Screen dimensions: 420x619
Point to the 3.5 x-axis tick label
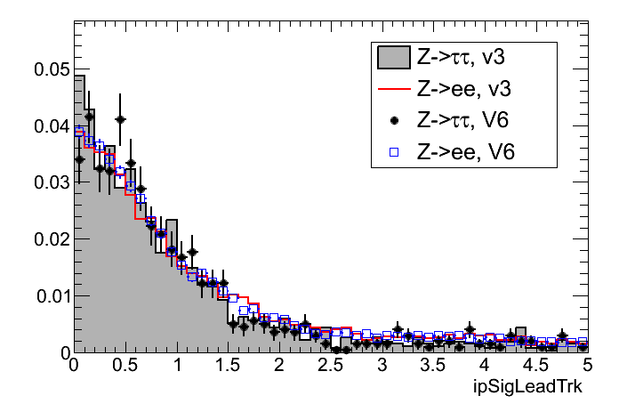433,366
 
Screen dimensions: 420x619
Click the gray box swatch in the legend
392,58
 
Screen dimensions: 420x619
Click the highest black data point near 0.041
120,118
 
